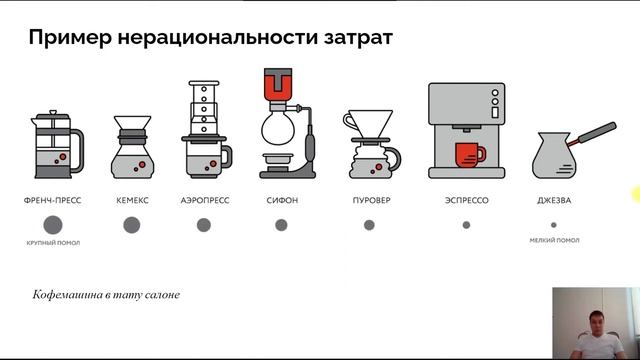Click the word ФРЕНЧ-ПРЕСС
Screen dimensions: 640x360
[53, 200]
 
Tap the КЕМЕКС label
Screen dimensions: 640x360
[132, 200]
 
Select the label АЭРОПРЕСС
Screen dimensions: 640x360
[205, 200]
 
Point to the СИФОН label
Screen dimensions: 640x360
[282, 200]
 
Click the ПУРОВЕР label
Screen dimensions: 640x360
[371, 200]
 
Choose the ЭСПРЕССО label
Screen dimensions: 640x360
[467, 200]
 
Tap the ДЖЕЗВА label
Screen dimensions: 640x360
[554, 200]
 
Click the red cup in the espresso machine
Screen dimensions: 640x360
[469, 155]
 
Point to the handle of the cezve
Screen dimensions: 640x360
[594, 133]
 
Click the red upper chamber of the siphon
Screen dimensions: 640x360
[278, 85]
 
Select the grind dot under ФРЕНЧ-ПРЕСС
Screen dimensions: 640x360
[53, 225]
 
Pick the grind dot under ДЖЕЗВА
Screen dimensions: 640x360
[554, 225]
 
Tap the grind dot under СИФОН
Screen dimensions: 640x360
[281, 225]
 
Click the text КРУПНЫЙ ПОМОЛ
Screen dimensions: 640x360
[53, 243]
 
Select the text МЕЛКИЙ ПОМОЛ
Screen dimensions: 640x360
[554, 240]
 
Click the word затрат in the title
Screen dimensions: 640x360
[358, 38]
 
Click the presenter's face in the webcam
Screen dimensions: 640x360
[596, 321]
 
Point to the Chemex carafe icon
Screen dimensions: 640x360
[133, 147]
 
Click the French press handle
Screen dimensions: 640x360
[78, 151]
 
